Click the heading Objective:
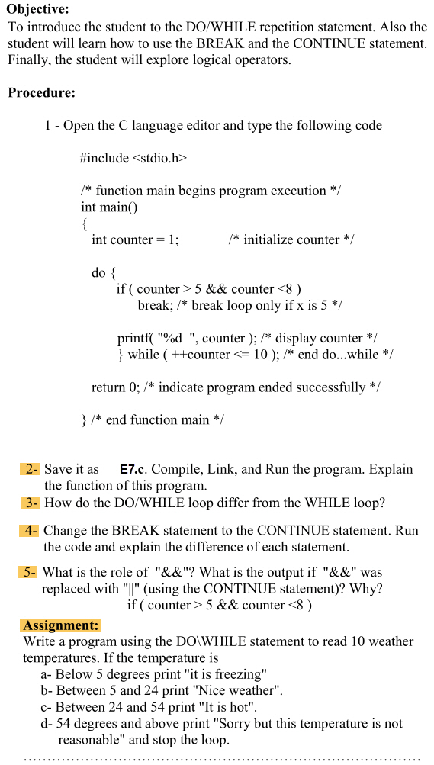(38, 9)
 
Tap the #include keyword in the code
(104, 158)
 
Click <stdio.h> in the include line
(159, 158)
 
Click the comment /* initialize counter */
(291, 239)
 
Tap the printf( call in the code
(136, 338)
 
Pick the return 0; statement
(114, 387)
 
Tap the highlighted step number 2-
(31, 469)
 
